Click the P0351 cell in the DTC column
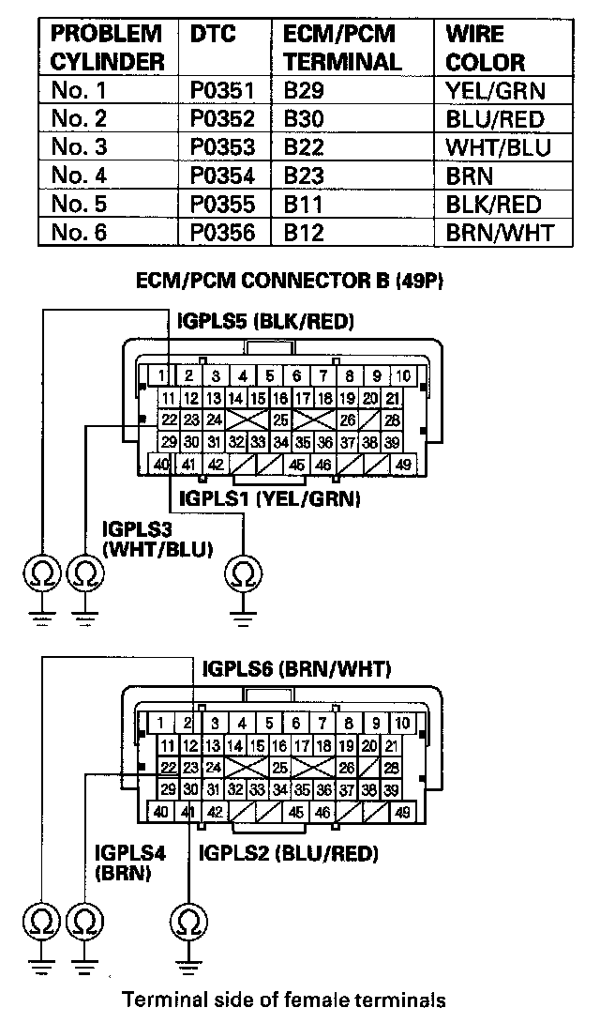(221, 91)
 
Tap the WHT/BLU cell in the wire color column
(498, 147)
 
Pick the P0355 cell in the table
(221, 204)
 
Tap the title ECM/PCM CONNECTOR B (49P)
(295, 281)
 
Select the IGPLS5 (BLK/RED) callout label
(265, 322)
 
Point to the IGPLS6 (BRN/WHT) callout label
(296, 669)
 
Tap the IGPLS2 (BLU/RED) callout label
(289, 853)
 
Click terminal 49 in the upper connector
(404, 464)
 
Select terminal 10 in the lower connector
(402, 723)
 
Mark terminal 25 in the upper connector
(280, 420)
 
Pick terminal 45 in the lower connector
(296, 812)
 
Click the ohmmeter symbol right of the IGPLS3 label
(245, 571)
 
